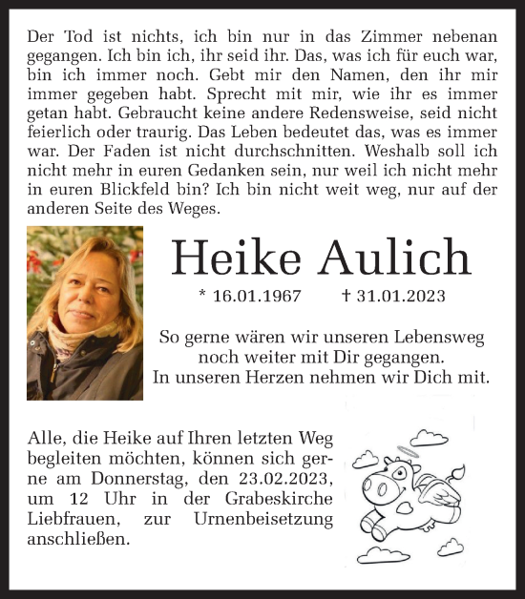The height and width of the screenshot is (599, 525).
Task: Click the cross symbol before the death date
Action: point(346,296)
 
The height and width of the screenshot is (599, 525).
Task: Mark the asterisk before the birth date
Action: point(202,296)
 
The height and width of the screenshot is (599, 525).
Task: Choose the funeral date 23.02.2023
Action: point(284,478)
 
